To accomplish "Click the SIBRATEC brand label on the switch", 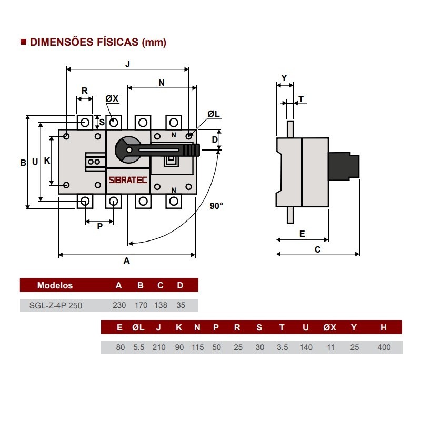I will (128, 179).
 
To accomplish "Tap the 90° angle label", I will (216, 206).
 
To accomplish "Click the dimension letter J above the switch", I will (127, 64).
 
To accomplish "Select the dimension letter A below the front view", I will (126, 260).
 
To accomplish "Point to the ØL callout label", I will (213, 114).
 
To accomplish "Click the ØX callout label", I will (112, 98).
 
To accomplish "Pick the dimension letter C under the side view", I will (317, 250).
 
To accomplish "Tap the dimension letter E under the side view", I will (302, 234).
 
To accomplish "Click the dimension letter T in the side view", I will (301, 98).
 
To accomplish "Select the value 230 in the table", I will (119, 305).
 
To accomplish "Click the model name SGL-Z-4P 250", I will (56, 305).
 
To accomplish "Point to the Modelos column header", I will (55, 286).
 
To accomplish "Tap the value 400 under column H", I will (384, 347).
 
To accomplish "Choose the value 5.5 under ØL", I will (138, 347).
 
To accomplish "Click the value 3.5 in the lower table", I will (282, 347).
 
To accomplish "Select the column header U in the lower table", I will (306, 328).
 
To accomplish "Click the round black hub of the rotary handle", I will (127, 149).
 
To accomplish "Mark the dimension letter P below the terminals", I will (99, 226).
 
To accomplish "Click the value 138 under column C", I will (161, 305).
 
